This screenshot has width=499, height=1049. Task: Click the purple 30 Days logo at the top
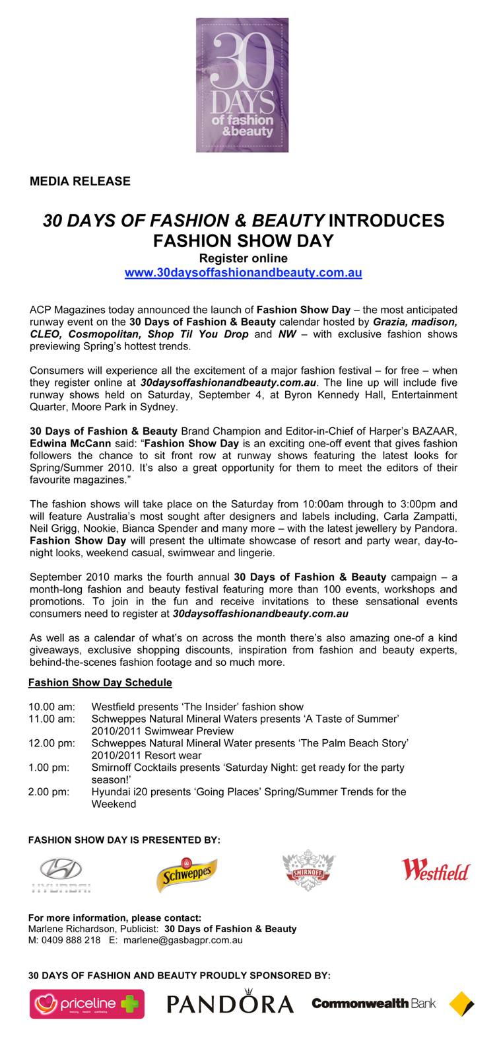coord(242,85)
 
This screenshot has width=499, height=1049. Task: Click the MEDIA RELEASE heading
coord(80,181)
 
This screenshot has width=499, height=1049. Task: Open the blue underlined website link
coord(244,272)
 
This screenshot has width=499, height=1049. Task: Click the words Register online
coord(244,258)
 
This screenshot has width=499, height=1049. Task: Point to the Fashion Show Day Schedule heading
coord(100,682)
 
